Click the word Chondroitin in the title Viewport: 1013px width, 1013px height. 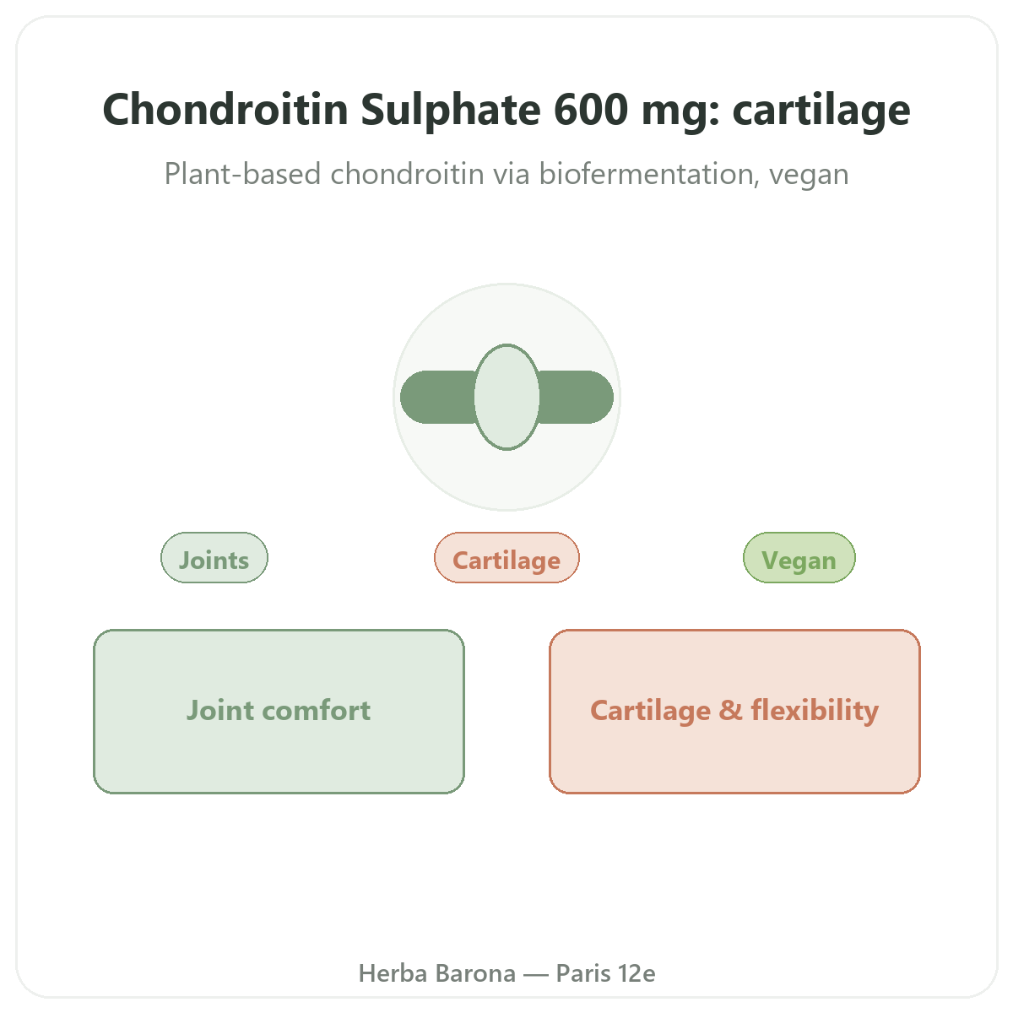point(225,110)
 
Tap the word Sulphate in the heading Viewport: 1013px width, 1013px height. point(451,111)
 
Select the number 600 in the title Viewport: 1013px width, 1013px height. point(591,110)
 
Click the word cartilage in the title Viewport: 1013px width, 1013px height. point(821,111)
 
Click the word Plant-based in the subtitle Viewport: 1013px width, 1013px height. point(242,174)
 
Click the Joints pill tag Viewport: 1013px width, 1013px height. point(214,558)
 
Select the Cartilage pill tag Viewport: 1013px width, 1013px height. point(506,558)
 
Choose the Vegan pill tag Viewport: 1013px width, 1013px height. point(799,558)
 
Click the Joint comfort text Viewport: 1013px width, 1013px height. point(279,710)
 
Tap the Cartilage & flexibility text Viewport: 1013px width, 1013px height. point(734,712)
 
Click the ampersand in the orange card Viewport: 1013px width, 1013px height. point(731,710)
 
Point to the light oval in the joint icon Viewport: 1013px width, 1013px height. point(506,397)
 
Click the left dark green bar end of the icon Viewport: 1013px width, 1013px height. point(437,397)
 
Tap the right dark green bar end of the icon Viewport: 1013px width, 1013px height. point(577,397)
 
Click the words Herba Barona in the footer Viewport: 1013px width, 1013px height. point(436,973)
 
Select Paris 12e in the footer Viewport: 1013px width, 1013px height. point(605,973)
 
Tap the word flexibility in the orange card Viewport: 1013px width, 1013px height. point(815,712)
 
